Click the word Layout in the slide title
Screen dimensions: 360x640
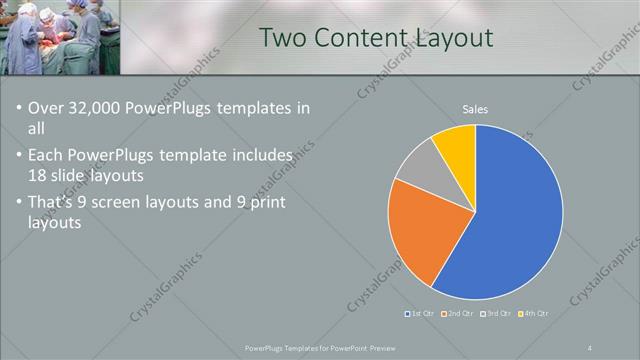[459, 38]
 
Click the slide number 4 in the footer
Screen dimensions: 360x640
[590, 347]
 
